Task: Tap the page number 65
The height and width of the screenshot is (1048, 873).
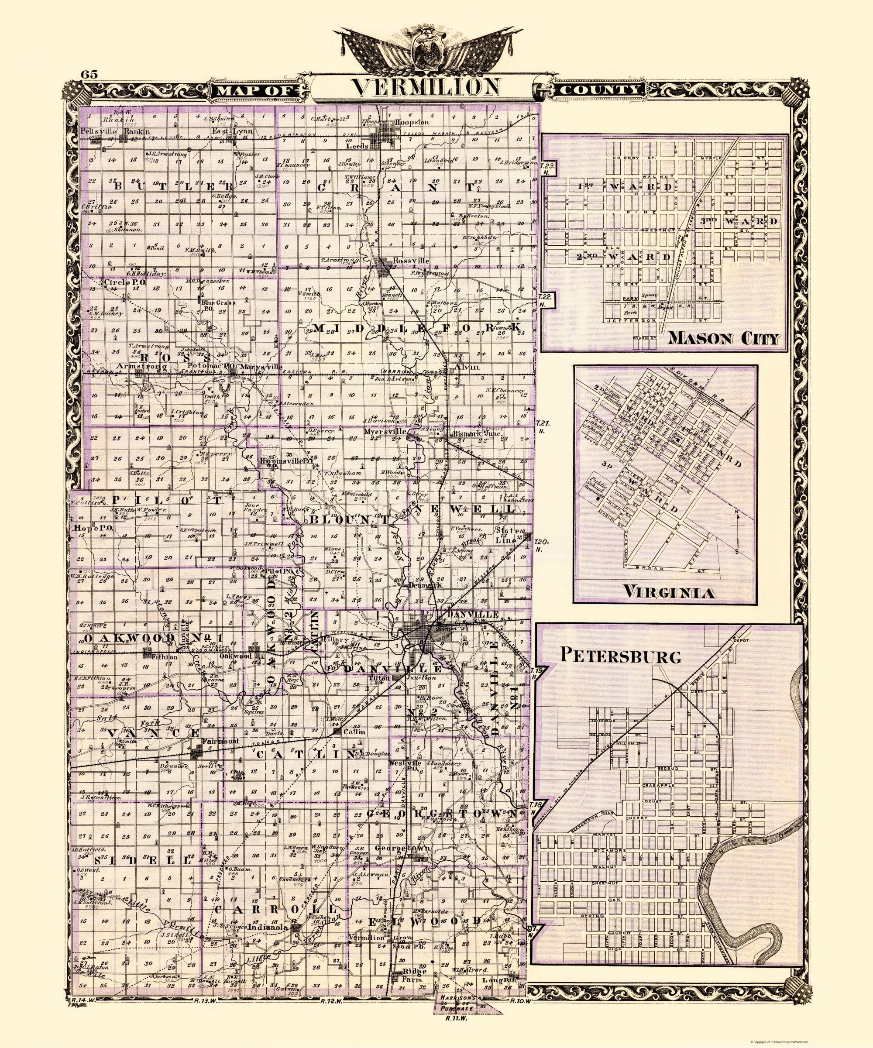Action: (x=90, y=75)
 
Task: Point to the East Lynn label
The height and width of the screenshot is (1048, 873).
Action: (x=232, y=131)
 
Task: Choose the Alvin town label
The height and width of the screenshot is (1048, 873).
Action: (x=467, y=367)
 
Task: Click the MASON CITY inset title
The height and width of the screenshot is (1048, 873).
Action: (x=723, y=339)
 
